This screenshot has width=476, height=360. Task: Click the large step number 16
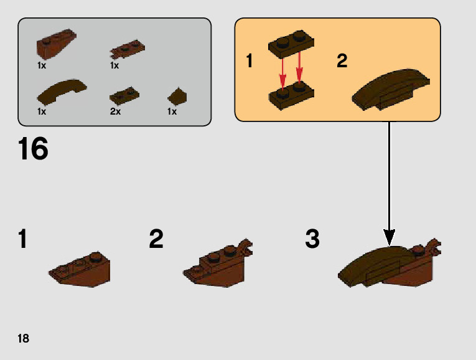click(33, 149)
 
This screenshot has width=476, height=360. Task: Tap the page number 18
click(23, 339)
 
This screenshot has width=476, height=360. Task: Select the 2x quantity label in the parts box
click(114, 111)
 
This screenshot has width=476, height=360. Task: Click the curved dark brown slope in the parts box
click(62, 91)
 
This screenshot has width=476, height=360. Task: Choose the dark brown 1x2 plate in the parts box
click(124, 95)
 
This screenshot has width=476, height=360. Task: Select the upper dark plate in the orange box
click(290, 42)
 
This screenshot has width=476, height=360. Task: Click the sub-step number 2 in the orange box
click(342, 61)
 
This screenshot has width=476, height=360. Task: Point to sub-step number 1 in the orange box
click(250, 61)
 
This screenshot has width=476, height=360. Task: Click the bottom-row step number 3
click(312, 239)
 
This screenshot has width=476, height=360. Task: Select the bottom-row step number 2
click(156, 239)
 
